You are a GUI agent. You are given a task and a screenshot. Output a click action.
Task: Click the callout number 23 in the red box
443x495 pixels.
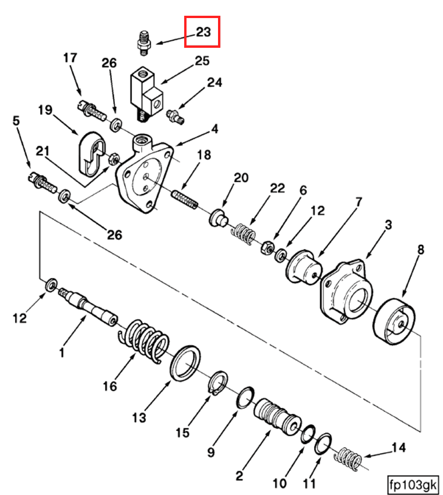pyautogui.click(x=202, y=32)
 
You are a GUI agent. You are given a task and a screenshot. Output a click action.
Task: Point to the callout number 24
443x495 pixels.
pyautogui.click(x=215, y=83)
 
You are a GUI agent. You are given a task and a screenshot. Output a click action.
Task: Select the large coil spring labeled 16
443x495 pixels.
pyautogui.click(x=144, y=340)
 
